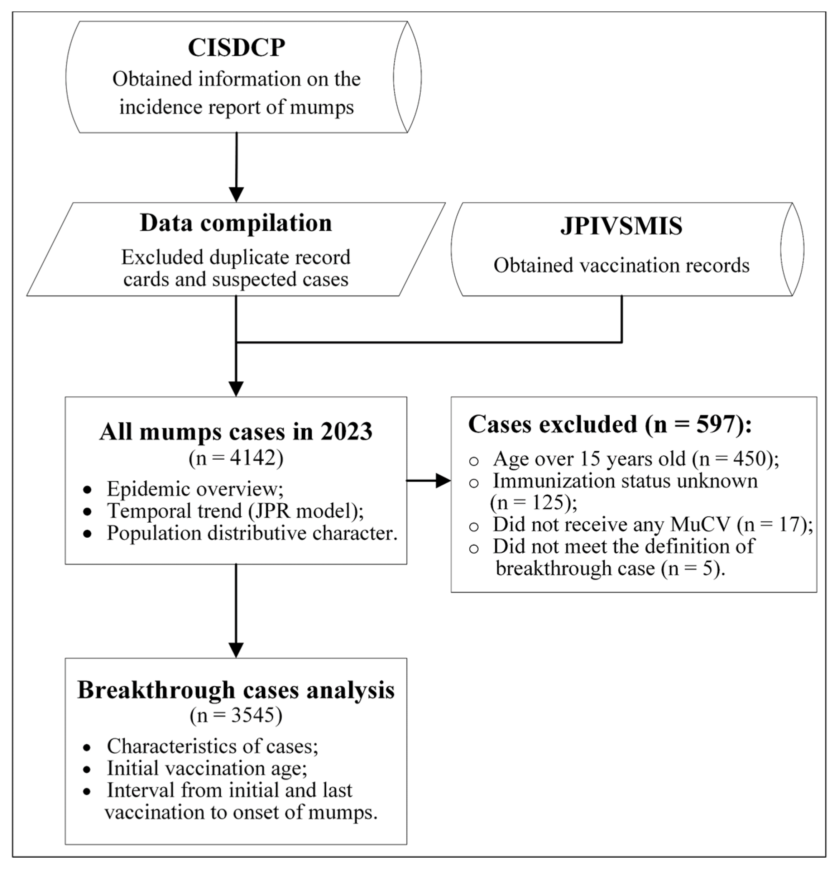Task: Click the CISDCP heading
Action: pos(236,48)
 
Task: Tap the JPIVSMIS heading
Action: pos(621,226)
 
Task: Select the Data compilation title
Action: pos(236,223)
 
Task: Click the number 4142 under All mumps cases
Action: pos(253,457)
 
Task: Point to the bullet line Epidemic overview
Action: pos(195,489)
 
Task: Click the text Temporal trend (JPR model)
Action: pos(235,511)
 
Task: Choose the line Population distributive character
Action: pos(251,533)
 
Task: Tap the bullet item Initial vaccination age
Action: pos(207,768)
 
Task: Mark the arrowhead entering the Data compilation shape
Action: pos(236,195)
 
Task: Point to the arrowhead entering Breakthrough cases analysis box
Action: pos(236,650)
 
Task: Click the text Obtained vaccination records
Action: pos(621,265)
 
